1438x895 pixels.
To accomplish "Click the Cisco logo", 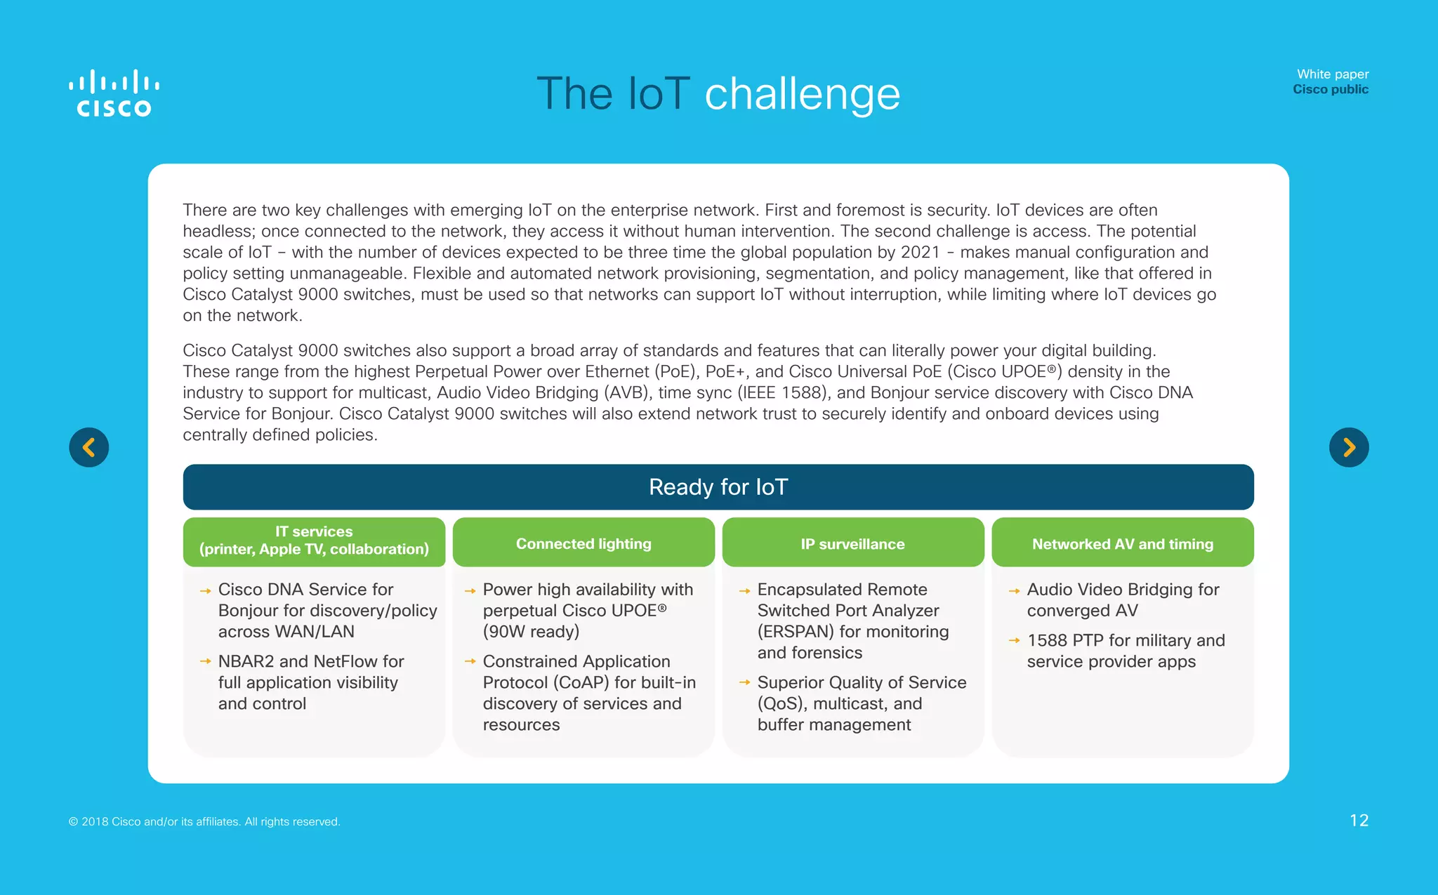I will (x=114, y=93).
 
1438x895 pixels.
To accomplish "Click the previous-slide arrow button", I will (x=89, y=447).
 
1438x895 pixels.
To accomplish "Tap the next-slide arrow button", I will (x=1349, y=447).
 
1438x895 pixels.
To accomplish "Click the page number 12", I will (x=1359, y=821).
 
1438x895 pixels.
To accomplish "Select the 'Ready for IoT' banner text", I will (x=718, y=487).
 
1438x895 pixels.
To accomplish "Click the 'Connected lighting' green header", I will (x=583, y=544).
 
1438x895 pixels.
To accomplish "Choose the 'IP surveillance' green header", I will (x=852, y=544).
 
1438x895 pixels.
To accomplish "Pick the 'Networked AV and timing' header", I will (x=1122, y=544).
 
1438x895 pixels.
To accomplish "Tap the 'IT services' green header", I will (x=314, y=541).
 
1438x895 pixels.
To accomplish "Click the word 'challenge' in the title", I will (x=802, y=94).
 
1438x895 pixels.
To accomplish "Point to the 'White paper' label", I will (x=1332, y=74).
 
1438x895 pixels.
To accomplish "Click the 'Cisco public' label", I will (x=1330, y=89).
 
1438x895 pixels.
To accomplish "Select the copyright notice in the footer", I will (x=204, y=821).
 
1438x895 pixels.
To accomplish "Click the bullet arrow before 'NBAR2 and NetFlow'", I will (x=205, y=661).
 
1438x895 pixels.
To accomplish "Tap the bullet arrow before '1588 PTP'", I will (x=1014, y=640).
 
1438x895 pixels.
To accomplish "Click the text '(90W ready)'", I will (x=531, y=632).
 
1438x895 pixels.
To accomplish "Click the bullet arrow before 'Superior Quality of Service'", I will (x=744, y=682).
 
